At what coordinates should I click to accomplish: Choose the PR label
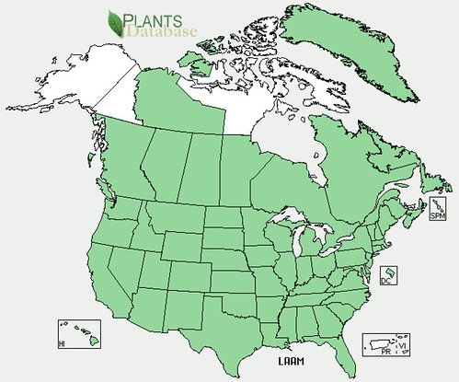tap(380, 352)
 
